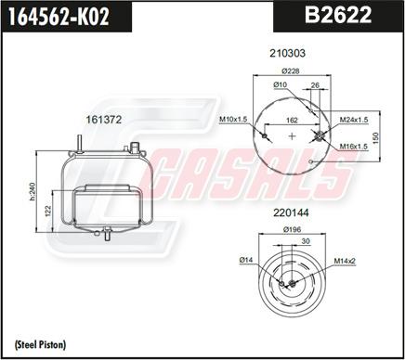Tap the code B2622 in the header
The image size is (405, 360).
[x=338, y=16]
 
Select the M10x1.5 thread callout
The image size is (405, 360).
[x=232, y=120]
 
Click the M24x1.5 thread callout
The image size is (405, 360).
[x=353, y=120]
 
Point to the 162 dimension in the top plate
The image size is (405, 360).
[x=293, y=120]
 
